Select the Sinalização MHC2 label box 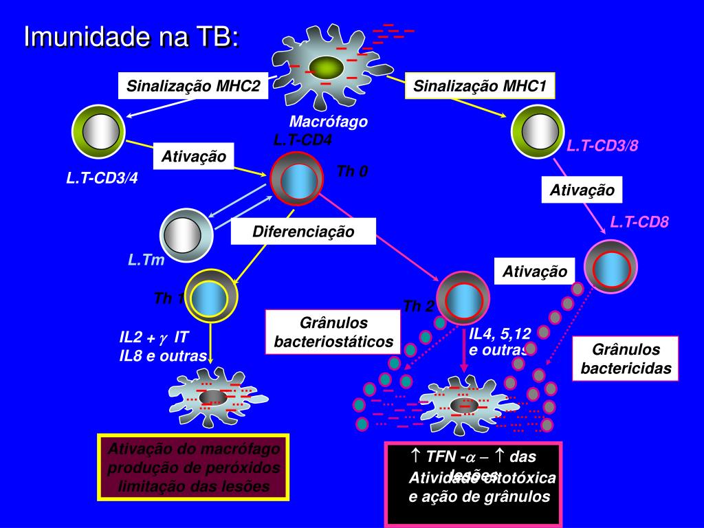193,87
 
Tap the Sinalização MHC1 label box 480,87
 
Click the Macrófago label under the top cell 329,122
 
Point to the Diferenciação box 303,232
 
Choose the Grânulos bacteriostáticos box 333,332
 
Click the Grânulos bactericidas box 626,359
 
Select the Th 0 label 352,171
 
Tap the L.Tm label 146,260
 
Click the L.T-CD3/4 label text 102,178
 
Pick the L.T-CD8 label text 639,221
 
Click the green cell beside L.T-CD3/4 98,130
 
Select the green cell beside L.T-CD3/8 538,131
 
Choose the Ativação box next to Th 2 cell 535,272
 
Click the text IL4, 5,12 500,334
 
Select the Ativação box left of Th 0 193,157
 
